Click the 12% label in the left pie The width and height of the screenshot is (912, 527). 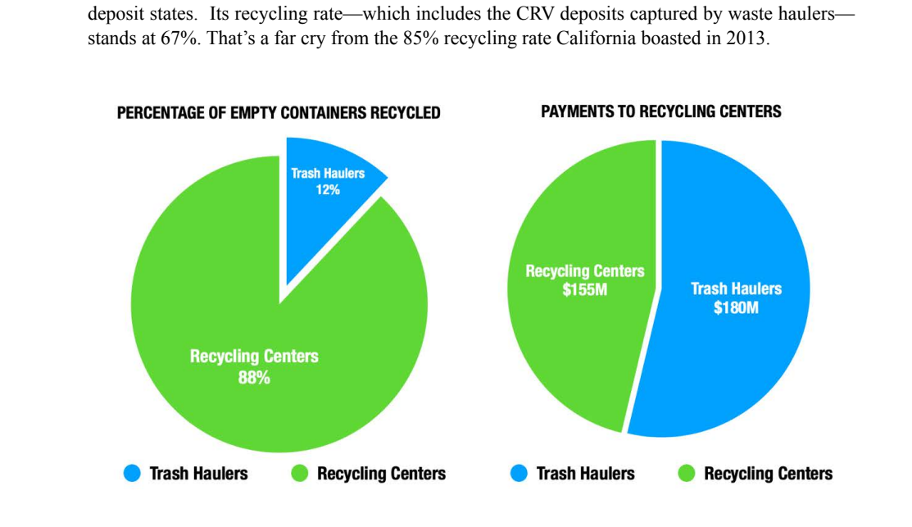pyautogui.click(x=328, y=189)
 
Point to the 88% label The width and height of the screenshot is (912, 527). pyautogui.click(x=254, y=378)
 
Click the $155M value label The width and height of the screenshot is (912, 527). pyautogui.click(x=584, y=289)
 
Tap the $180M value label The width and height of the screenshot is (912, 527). pyautogui.click(x=736, y=307)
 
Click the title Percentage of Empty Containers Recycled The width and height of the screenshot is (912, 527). pyautogui.click(x=279, y=113)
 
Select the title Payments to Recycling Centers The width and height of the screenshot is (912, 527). pyautogui.click(x=661, y=111)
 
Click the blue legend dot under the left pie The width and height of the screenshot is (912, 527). pyautogui.click(x=132, y=473)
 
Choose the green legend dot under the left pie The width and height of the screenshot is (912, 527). pyautogui.click(x=300, y=473)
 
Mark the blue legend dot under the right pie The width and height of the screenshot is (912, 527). pyautogui.click(x=519, y=473)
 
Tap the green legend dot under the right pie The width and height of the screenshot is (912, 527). pyautogui.click(x=687, y=473)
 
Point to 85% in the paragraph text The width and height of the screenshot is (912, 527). pyautogui.click(x=420, y=39)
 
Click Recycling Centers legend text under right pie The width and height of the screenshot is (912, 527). pyautogui.click(x=769, y=474)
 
